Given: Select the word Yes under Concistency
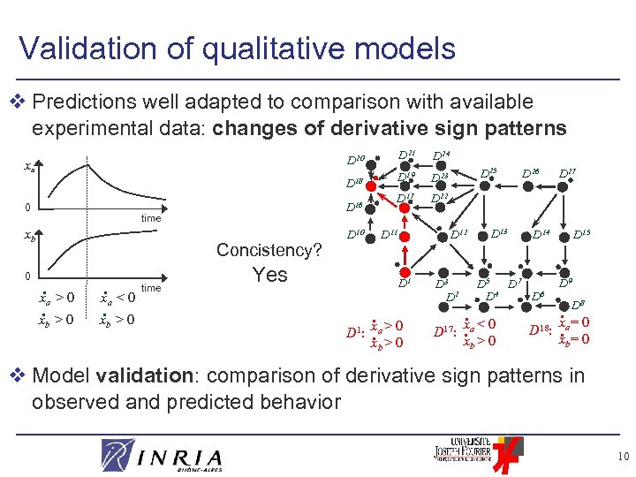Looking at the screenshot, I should point(269,275).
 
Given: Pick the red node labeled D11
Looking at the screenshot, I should point(376,234).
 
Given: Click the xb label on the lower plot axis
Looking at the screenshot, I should point(29,238).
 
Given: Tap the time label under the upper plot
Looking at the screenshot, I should point(151,218).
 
